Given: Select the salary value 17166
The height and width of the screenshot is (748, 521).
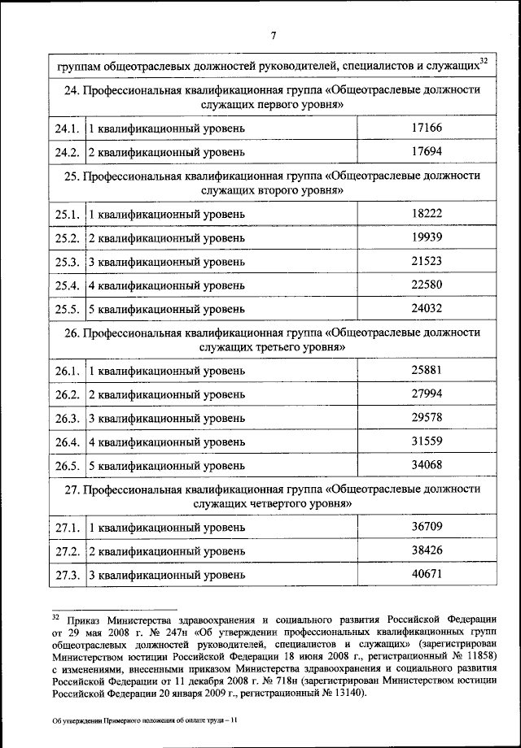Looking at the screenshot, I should [x=427, y=128].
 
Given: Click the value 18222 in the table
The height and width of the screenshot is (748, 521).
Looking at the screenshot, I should [x=427, y=213].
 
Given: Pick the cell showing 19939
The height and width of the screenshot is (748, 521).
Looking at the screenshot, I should [x=427, y=237].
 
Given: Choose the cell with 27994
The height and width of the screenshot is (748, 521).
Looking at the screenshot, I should [x=427, y=394].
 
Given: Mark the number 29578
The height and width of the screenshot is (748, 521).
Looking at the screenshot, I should [x=427, y=418].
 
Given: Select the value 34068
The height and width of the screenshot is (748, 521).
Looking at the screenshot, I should [x=427, y=465].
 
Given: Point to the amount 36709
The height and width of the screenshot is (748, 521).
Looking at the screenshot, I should [x=427, y=527].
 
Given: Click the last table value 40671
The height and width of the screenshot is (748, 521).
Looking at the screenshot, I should [x=427, y=574].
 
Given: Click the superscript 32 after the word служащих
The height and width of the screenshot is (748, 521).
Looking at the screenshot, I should [x=484, y=60].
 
